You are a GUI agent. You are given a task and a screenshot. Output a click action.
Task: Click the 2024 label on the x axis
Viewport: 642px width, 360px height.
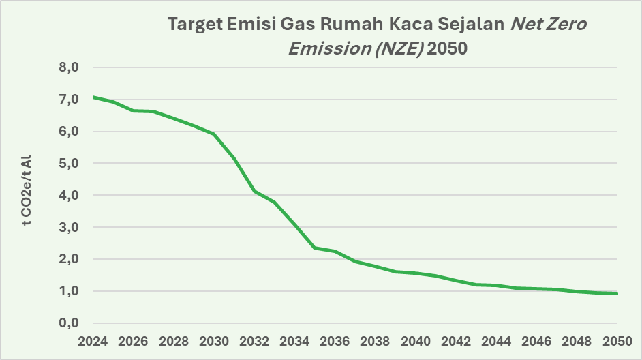pos(93,341)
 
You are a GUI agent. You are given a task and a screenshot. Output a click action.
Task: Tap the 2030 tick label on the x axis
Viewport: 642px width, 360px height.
pos(214,341)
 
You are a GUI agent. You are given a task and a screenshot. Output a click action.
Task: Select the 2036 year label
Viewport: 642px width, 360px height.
pos(335,341)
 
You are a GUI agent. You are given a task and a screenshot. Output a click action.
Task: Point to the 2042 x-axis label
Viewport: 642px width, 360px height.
pos(456,341)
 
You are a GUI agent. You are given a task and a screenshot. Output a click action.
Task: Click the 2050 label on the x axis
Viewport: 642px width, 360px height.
pos(617,341)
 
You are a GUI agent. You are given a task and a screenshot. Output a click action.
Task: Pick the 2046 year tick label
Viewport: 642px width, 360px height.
pos(536,341)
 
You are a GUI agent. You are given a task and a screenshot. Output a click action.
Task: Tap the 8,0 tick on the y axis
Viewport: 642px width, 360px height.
pos(69,67)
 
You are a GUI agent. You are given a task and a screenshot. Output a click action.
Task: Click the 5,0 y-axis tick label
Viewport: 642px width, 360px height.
pos(69,163)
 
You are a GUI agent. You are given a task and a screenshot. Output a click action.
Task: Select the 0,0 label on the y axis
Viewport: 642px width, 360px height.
pos(69,323)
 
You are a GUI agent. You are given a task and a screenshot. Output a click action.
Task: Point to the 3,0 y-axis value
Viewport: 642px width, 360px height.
pos(69,227)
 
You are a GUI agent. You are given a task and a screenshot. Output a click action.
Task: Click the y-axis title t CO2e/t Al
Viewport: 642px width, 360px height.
pos(26,190)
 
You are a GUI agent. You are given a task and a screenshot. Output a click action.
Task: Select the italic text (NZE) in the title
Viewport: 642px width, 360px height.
pos(399,48)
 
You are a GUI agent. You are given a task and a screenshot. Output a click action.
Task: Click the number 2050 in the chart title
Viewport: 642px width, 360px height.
pos(447,48)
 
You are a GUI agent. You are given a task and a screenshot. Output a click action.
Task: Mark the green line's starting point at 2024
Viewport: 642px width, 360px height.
pos(93,97)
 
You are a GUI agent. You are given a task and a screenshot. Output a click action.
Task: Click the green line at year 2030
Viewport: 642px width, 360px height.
pos(214,134)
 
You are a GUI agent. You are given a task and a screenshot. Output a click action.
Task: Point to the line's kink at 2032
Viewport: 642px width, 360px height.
pos(254,192)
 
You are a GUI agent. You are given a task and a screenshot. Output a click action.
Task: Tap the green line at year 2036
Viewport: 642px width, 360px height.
pos(335,251)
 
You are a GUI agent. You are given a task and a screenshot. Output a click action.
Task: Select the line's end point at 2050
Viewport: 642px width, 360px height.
pos(617,293)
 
